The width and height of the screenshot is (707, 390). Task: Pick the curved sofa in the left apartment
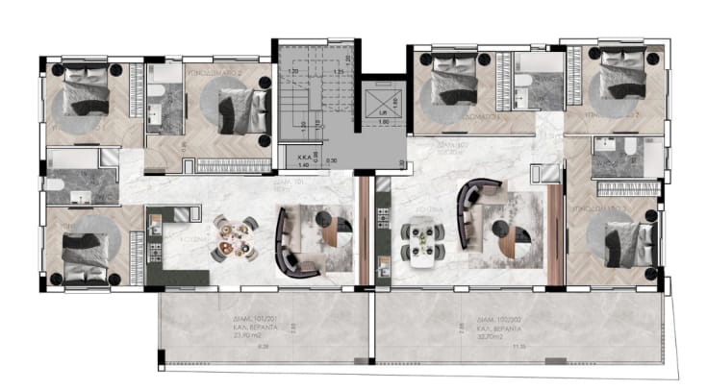(x=288, y=240)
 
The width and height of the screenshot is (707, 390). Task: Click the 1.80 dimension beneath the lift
(x=382, y=122)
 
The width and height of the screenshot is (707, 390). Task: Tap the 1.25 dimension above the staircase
(x=339, y=71)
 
